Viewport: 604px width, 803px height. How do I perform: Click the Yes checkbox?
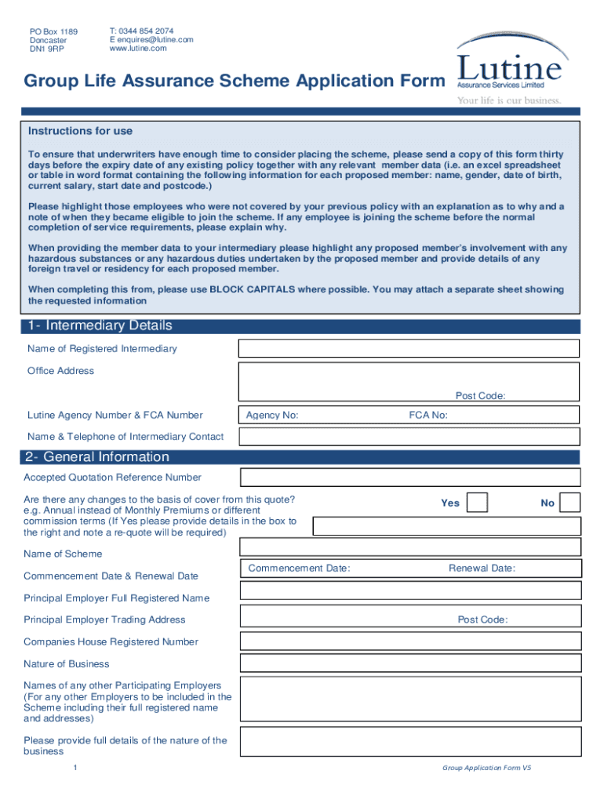pos(477,503)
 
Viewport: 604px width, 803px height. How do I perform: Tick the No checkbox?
pos(570,503)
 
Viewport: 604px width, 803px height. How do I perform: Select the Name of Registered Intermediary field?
pos(409,349)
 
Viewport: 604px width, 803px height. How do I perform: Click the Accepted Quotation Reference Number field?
pos(410,477)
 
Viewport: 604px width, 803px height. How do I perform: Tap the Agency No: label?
pos(271,416)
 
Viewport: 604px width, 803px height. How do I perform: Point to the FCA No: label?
pos(428,416)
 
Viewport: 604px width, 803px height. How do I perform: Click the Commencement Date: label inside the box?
pos(299,569)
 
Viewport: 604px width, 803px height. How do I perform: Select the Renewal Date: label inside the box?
pos(482,569)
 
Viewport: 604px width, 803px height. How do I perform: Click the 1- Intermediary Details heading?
pos(100,325)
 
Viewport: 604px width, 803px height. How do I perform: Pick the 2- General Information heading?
pos(96,457)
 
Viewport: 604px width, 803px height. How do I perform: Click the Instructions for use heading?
pos(81,131)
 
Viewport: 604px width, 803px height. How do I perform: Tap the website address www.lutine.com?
pos(138,49)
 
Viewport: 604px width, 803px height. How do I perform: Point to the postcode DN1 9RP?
pos(47,49)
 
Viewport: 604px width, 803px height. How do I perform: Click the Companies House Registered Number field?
pos(410,642)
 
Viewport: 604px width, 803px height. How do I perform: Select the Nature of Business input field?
pos(410,664)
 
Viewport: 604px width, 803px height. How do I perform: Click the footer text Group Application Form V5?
pos(486,768)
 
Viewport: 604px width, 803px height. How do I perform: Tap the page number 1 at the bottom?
pos(74,768)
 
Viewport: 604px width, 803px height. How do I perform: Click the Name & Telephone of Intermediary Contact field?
pos(409,437)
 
